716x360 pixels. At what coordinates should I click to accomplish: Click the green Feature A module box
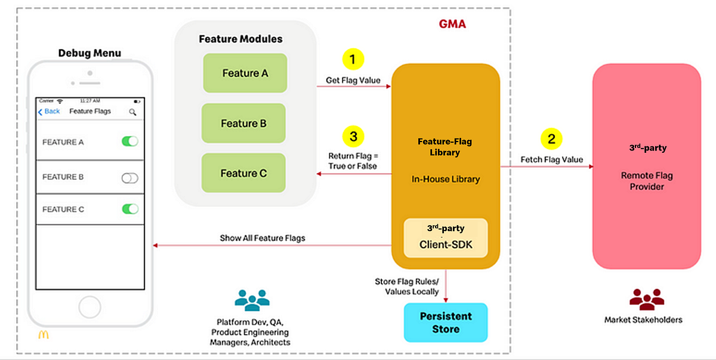(x=245, y=73)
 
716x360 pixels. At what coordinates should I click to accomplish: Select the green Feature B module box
(x=243, y=124)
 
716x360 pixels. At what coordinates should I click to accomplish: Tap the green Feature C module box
(x=243, y=173)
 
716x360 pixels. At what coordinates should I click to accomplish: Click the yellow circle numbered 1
(x=353, y=59)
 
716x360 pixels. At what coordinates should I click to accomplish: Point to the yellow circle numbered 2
(x=551, y=139)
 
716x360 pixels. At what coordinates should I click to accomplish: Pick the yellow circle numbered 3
(x=353, y=136)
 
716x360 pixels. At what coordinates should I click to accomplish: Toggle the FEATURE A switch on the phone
(x=129, y=141)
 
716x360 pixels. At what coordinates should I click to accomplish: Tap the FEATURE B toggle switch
(x=129, y=177)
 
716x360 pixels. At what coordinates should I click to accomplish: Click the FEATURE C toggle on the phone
(x=129, y=209)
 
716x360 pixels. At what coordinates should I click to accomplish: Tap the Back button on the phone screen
(x=49, y=112)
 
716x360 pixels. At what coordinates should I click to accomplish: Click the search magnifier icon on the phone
(x=132, y=112)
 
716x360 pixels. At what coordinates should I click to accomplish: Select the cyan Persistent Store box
(x=446, y=322)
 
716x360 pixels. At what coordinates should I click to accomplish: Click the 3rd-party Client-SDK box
(x=446, y=238)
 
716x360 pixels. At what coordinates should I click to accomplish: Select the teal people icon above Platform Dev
(x=252, y=300)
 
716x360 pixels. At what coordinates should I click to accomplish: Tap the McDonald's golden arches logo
(x=44, y=336)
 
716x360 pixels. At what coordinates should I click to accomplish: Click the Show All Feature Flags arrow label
(x=263, y=238)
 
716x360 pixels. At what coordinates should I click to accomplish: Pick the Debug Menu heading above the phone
(x=89, y=53)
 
